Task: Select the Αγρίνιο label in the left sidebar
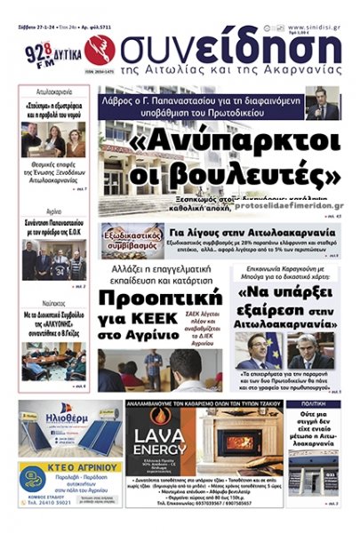[54, 211]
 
